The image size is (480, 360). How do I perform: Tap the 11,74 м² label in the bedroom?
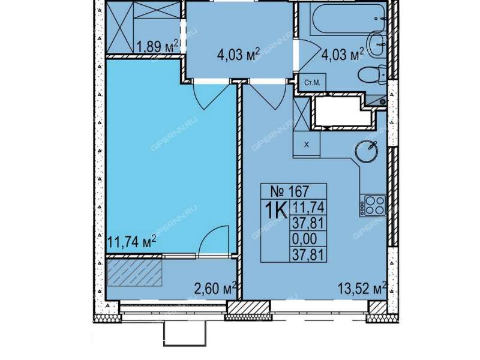click(x=131, y=242)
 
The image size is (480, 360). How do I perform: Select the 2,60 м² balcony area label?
click(x=216, y=289)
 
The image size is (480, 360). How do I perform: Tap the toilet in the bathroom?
click(x=372, y=74)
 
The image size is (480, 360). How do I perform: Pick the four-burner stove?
click(x=373, y=205)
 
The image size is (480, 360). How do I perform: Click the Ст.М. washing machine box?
click(x=312, y=82)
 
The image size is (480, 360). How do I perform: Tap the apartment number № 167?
click(x=290, y=191)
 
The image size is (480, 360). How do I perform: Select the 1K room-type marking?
click(x=275, y=211)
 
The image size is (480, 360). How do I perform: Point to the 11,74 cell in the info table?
click(x=308, y=208)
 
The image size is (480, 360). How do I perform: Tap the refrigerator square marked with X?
click(x=307, y=145)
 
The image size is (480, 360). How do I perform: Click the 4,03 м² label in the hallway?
click(x=238, y=55)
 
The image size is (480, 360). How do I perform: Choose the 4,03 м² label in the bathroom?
click(x=343, y=55)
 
